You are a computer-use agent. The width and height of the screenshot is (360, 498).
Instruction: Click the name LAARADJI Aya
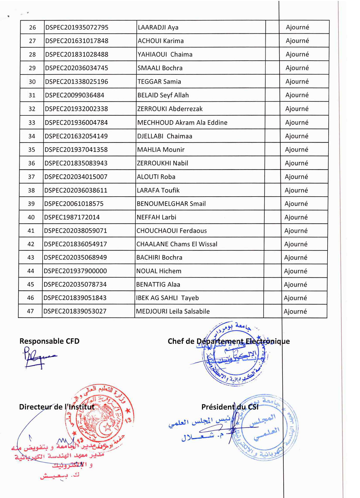click(158, 27)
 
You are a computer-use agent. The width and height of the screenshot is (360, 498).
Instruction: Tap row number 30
click(32, 82)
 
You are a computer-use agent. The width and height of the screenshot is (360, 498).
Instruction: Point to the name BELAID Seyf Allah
click(163, 95)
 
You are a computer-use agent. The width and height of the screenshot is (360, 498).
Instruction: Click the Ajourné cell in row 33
click(297, 122)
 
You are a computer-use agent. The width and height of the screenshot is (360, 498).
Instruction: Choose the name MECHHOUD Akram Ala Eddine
click(182, 122)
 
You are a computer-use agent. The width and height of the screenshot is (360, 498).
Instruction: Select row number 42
click(31, 244)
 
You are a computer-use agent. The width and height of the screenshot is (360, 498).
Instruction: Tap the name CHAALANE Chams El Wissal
click(177, 244)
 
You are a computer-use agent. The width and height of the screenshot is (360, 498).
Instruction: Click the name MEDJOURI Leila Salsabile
click(173, 312)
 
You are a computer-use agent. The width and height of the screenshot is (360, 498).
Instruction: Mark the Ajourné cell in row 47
click(296, 312)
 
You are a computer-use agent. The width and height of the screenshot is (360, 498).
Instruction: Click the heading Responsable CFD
click(49, 341)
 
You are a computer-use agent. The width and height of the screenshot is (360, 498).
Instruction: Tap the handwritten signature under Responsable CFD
click(39, 357)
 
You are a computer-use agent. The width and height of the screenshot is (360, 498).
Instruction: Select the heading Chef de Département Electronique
click(228, 342)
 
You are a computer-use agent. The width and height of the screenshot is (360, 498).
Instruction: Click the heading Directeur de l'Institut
click(57, 407)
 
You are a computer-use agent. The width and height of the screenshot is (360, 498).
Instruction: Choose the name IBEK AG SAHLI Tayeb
click(168, 298)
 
